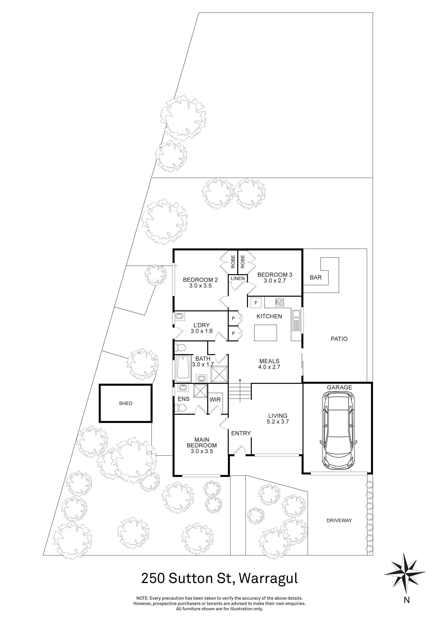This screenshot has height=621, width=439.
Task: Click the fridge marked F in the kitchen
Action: (256, 303)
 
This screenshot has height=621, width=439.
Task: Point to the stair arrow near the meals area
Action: (240, 389)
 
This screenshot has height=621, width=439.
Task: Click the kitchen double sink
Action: (296, 321)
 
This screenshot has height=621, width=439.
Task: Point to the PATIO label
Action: (339, 339)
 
